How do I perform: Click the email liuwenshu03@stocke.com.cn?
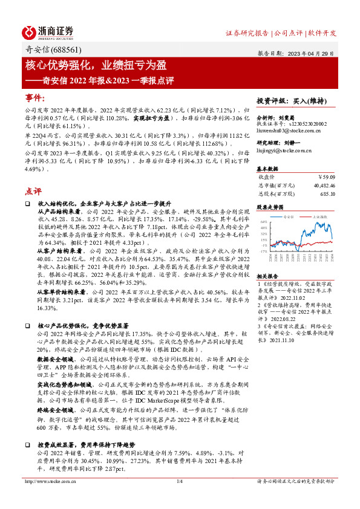(285, 129)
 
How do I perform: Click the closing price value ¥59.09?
(325, 177)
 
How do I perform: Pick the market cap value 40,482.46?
(322, 186)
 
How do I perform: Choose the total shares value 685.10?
(326, 193)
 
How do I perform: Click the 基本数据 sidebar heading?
(267, 168)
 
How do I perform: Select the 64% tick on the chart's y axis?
(264, 222)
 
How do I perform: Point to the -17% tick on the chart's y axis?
(264, 250)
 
